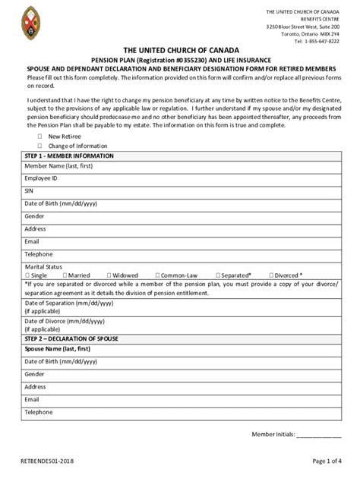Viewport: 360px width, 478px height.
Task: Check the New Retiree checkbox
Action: (40, 137)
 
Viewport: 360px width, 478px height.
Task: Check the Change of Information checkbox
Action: (40, 146)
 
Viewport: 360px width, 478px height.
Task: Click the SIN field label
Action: (30, 191)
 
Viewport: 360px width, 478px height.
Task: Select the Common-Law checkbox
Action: (156, 275)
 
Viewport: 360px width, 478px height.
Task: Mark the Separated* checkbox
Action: (219, 275)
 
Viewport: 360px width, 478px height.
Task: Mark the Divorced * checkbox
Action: (271, 275)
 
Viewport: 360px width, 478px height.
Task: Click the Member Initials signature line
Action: (318, 435)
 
